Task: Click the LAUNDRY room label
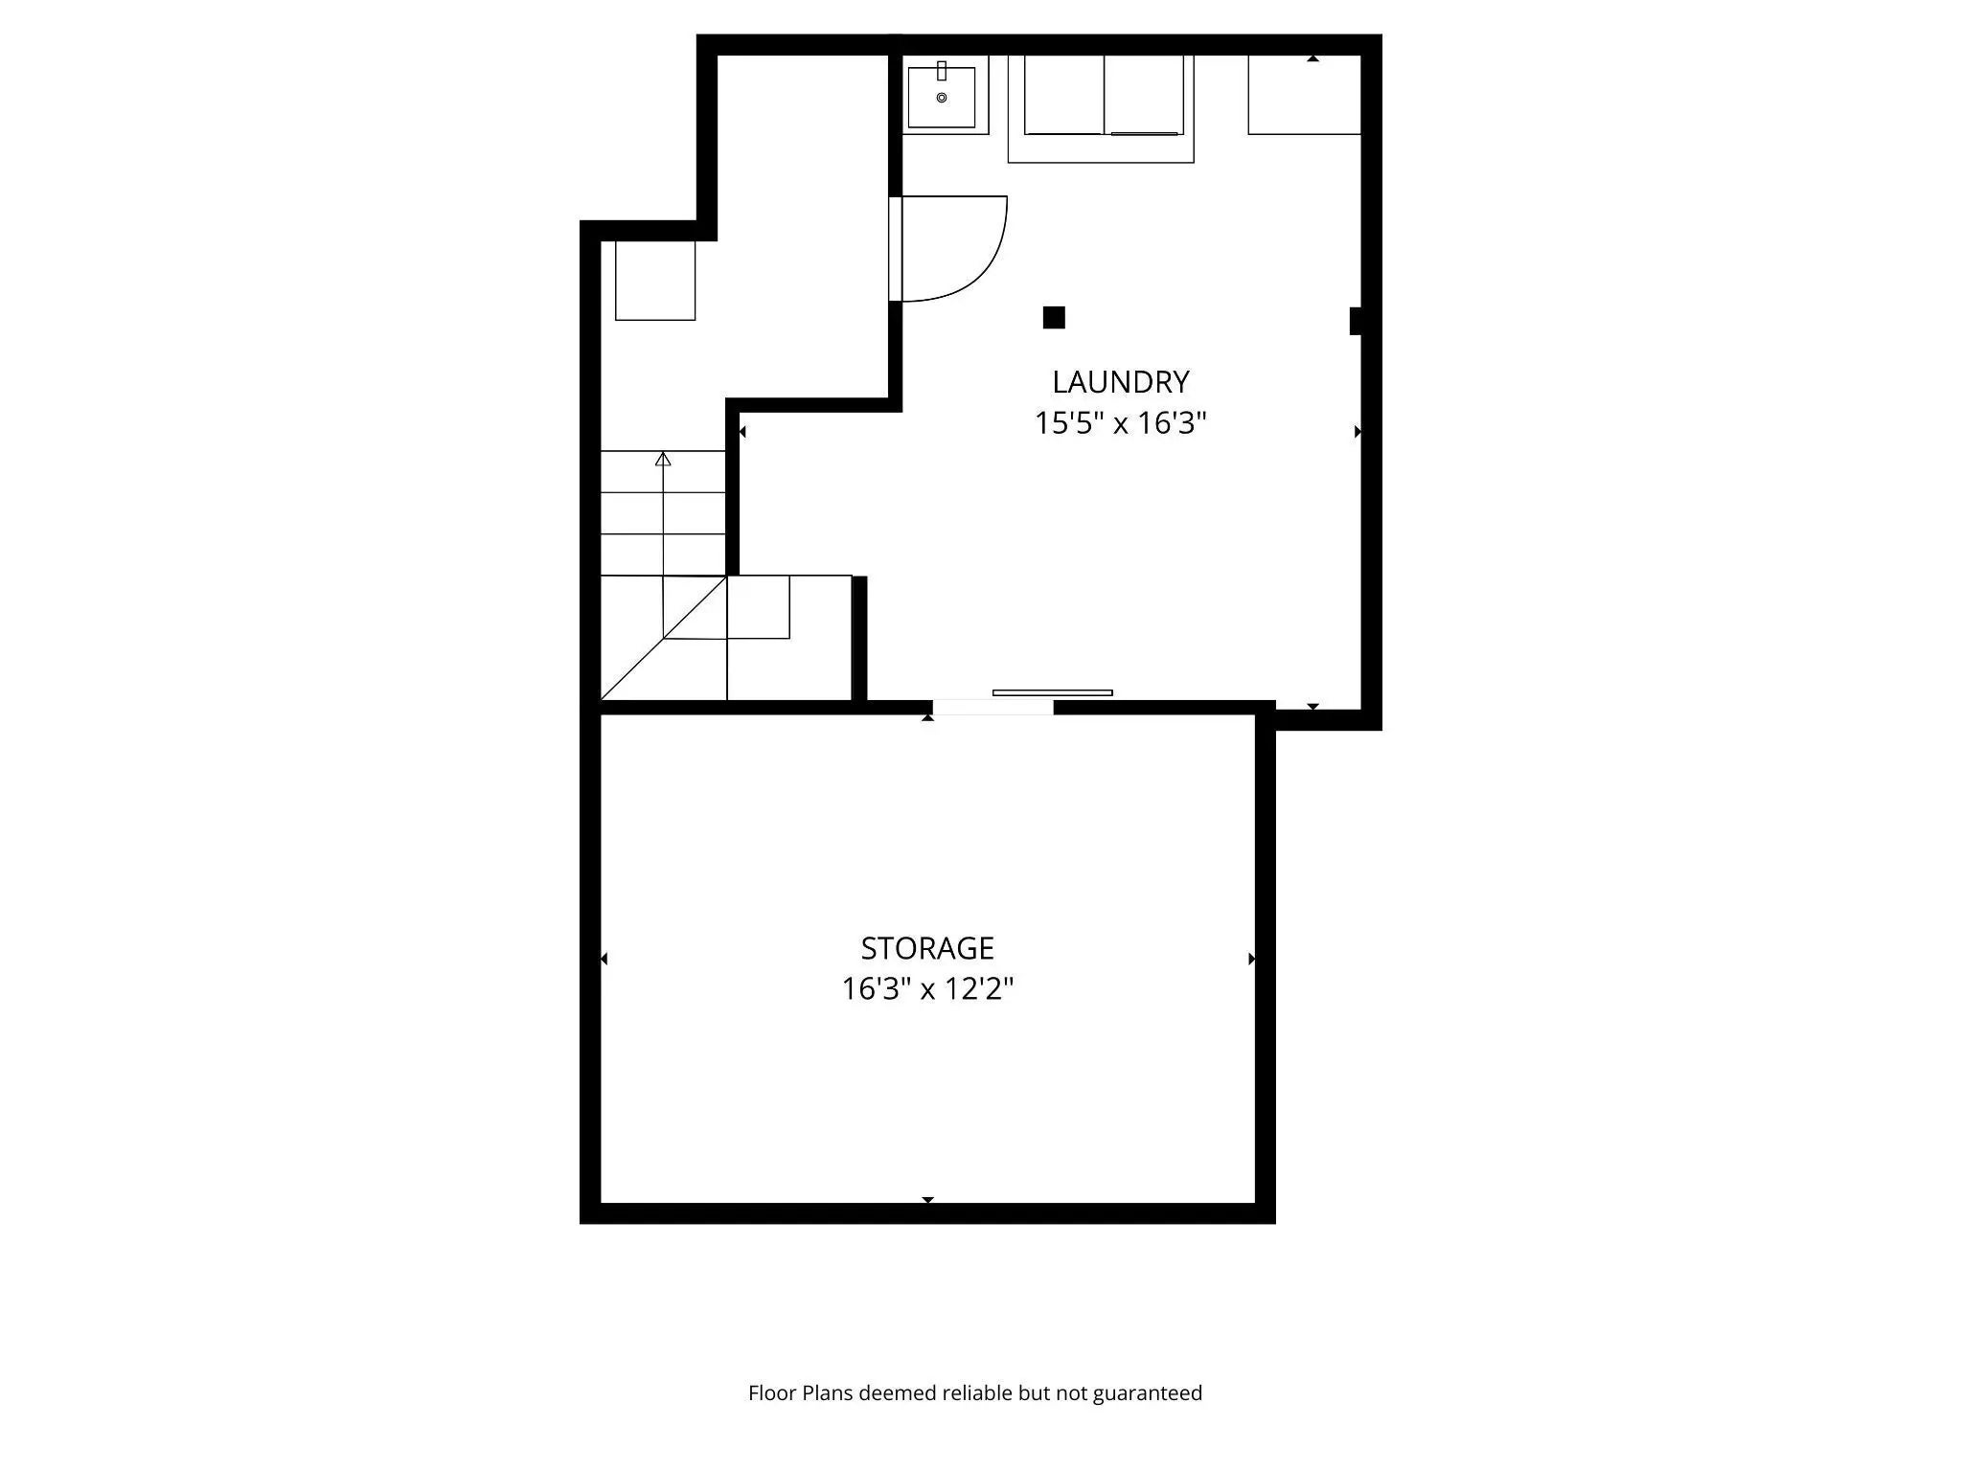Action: [1120, 382]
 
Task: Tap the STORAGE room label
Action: [926, 948]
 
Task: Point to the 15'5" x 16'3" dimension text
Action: [1120, 422]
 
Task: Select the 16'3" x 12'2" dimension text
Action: [926, 988]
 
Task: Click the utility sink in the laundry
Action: [942, 96]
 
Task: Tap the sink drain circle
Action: [942, 98]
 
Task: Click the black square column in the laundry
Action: [1054, 317]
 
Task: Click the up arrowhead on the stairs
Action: [663, 459]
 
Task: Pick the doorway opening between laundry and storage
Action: [992, 708]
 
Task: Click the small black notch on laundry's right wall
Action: [1356, 321]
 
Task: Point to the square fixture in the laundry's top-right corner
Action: [1304, 95]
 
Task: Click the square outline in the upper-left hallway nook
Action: [655, 280]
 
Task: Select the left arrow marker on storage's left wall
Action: [604, 959]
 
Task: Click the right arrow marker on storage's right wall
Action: [1251, 959]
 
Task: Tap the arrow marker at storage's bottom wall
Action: [927, 1199]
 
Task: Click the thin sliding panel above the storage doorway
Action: [1052, 692]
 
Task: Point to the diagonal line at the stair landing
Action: [663, 639]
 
